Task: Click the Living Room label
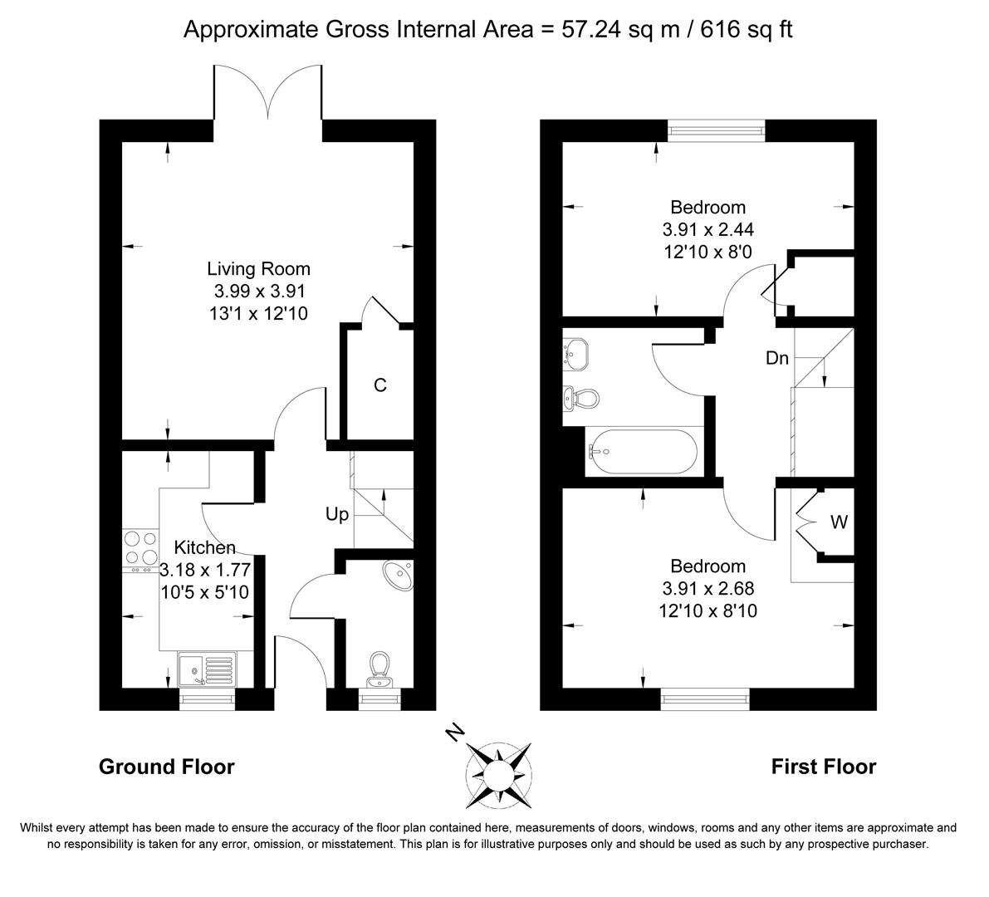pos(258,269)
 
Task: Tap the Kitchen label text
pos(204,547)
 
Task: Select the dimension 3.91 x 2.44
pos(707,229)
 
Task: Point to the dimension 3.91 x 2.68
pos(707,588)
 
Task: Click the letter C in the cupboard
pos(379,385)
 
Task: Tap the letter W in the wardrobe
pos(839,522)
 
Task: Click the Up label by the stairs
pos(336,515)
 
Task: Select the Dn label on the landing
pos(777,359)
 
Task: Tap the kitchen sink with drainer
pos(207,669)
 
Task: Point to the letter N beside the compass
pos(454,733)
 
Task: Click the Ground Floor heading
pos(166,767)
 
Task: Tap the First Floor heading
pos(823,767)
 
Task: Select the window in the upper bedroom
pos(717,130)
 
